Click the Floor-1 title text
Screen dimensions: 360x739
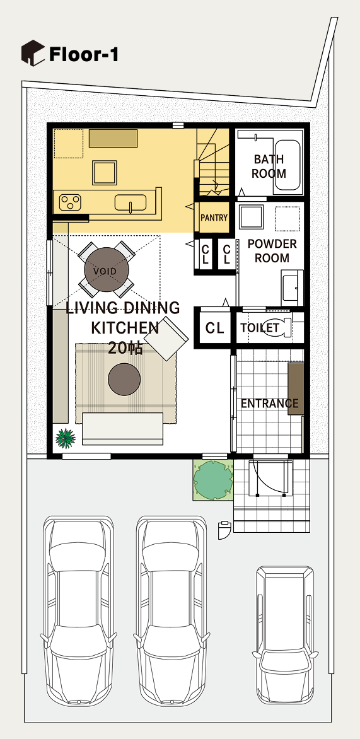click(x=83, y=55)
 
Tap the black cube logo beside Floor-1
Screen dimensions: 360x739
click(x=33, y=53)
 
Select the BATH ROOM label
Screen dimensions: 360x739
click(x=269, y=166)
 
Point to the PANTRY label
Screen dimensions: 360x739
click(x=214, y=218)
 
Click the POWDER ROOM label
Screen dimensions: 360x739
click(x=272, y=251)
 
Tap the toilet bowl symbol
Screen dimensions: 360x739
click(x=283, y=327)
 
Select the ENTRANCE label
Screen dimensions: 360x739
click(x=270, y=404)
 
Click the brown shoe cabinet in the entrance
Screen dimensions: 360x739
click(x=296, y=389)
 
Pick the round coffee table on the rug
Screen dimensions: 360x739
click(x=124, y=380)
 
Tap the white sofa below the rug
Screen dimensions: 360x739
click(x=122, y=429)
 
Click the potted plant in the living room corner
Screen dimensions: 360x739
click(x=66, y=438)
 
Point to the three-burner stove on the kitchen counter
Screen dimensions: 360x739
click(x=70, y=203)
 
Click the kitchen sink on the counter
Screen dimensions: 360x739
click(x=130, y=203)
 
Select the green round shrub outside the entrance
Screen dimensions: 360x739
click(x=214, y=480)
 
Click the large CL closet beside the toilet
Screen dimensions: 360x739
click(x=214, y=328)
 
